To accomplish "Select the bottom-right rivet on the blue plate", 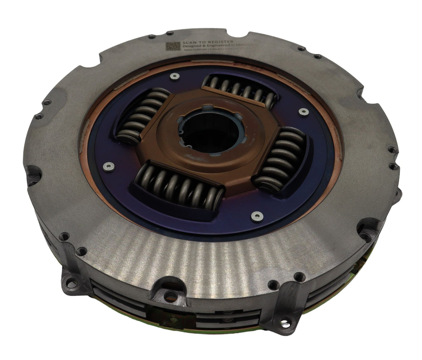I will (x=257, y=216).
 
